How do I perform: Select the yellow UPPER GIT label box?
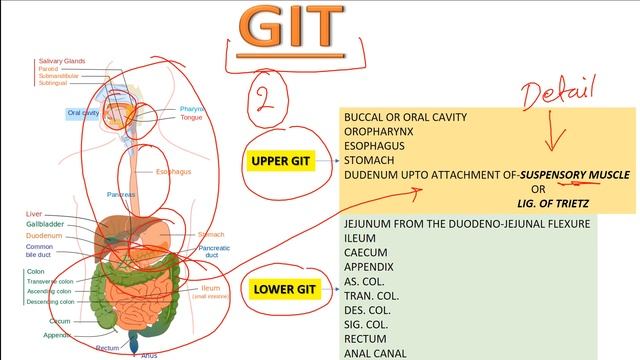pyautogui.click(x=281, y=160)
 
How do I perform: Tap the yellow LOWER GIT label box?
pyautogui.click(x=285, y=290)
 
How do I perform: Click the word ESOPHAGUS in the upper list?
pyautogui.click(x=378, y=145)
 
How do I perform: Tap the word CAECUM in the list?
pyautogui.click(x=367, y=253)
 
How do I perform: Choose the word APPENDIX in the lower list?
pyautogui.click(x=369, y=268)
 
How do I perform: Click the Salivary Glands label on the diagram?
pyautogui.click(x=59, y=61)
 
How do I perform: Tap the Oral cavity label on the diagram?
pyautogui.click(x=83, y=113)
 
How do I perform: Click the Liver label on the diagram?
pyautogui.click(x=34, y=214)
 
